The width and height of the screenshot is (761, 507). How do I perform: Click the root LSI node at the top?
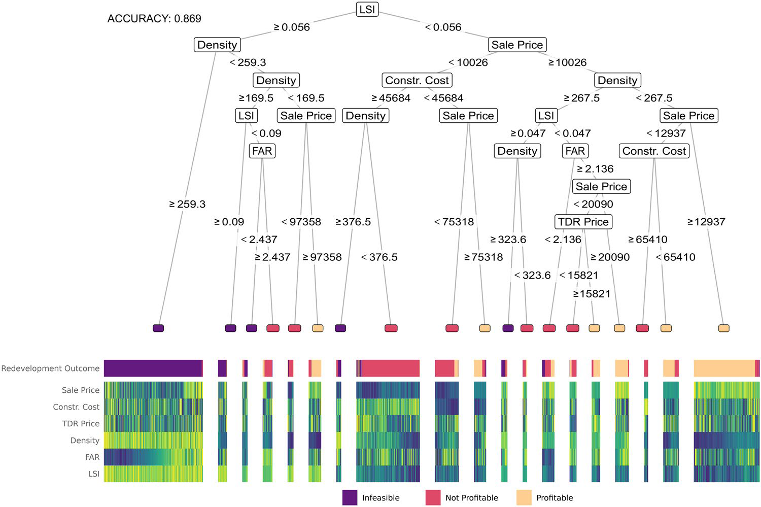click(367, 9)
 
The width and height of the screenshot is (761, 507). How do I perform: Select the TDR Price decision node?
click(583, 222)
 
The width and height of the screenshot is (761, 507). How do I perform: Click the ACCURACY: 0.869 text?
click(154, 19)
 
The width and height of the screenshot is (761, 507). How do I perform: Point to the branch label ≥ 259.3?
click(187, 204)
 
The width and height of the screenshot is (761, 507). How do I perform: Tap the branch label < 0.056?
click(443, 27)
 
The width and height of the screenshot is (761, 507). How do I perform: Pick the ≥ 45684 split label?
click(391, 98)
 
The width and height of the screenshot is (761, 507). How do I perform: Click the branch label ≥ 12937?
click(706, 222)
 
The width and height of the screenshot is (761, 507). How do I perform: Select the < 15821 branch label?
click(578, 275)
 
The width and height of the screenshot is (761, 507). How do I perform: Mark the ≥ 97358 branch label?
click(322, 257)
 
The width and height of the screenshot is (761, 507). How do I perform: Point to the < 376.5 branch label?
click(379, 257)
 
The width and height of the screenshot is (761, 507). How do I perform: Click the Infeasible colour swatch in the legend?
click(350, 497)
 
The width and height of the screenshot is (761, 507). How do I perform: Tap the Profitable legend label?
click(555, 498)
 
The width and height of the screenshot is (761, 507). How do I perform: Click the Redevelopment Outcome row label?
click(50, 368)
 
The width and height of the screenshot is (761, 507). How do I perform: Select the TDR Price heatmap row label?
click(81, 424)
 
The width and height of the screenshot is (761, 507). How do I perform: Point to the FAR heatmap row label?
click(92, 457)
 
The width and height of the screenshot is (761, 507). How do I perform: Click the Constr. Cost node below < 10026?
click(417, 80)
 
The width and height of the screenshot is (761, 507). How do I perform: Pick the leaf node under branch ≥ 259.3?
click(158, 328)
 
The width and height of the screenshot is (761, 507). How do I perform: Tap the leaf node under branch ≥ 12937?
click(724, 328)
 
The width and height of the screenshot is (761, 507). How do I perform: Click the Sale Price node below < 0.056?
click(517, 45)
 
